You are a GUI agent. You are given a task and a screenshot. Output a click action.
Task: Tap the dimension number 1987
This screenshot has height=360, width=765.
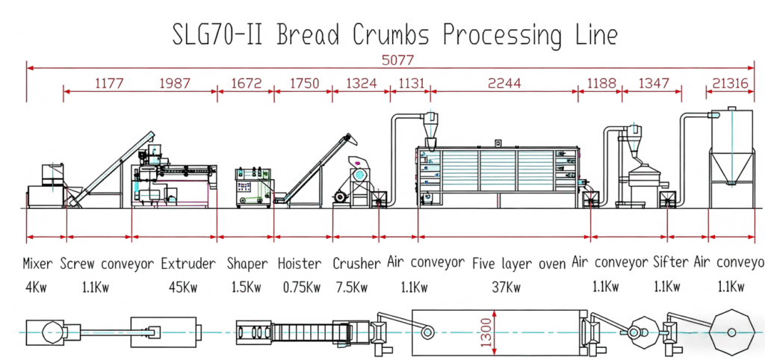(x=175, y=84)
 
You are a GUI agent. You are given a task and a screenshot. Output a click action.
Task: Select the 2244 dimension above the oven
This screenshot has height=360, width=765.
(x=504, y=84)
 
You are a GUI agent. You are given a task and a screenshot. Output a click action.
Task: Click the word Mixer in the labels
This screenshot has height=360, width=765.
(x=38, y=264)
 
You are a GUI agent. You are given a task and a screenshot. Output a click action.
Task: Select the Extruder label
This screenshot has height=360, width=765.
(x=188, y=264)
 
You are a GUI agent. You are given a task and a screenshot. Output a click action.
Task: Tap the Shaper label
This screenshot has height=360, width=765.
(x=247, y=264)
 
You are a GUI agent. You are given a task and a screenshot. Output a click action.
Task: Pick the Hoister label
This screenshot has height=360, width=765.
(x=300, y=264)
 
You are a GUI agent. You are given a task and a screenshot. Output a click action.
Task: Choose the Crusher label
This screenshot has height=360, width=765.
(x=356, y=264)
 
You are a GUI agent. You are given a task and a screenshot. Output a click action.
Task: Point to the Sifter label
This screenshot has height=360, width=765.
(x=669, y=264)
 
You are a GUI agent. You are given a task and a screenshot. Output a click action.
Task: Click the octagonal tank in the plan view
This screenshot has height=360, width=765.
(x=731, y=331)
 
